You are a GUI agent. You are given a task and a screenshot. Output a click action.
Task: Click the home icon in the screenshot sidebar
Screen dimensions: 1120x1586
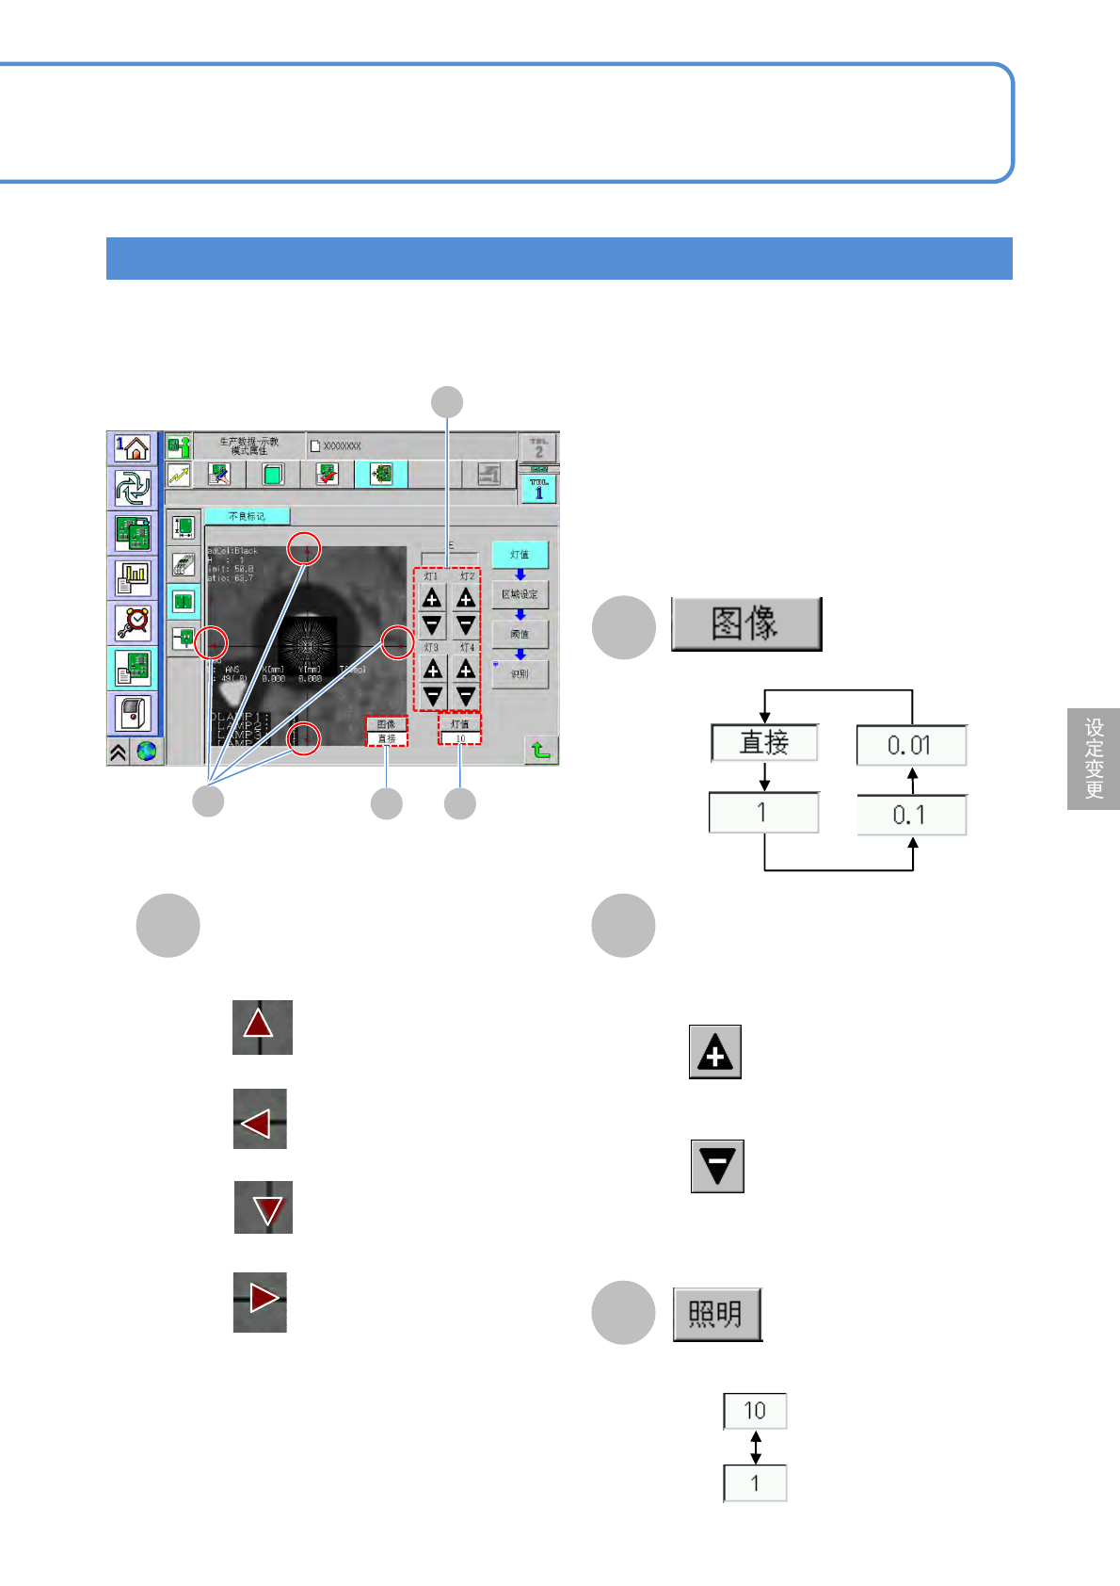point(133,448)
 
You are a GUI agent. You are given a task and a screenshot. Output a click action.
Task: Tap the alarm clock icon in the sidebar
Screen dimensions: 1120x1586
point(133,623)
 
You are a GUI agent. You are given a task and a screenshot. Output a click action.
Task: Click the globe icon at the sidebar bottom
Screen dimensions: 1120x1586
point(147,752)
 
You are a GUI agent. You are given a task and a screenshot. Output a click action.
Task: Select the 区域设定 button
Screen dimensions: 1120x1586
point(520,594)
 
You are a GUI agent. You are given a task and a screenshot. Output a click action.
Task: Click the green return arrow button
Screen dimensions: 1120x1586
point(540,750)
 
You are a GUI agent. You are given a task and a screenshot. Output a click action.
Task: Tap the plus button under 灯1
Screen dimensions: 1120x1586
point(432,598)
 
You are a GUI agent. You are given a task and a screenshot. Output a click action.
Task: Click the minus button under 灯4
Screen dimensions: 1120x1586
point(466,696)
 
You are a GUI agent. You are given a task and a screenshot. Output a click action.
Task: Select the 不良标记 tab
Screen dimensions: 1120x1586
point(248,516)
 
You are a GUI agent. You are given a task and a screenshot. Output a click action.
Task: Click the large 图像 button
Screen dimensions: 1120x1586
point(745,623)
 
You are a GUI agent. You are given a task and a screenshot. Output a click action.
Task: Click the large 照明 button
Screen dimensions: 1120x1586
point(717,1314)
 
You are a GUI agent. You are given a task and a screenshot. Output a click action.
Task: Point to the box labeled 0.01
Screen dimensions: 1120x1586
point(910,746)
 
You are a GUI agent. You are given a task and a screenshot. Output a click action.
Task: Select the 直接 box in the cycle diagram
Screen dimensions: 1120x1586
point(764,743)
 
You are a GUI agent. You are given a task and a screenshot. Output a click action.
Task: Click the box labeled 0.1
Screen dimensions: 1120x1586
point(910,815)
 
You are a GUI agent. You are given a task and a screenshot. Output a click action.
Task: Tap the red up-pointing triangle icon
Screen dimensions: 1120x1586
point(262,1027)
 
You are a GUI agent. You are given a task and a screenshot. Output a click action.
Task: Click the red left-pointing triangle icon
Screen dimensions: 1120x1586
point(260,1119)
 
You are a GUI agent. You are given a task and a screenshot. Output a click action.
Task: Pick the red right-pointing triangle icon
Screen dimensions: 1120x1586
point(260,1302)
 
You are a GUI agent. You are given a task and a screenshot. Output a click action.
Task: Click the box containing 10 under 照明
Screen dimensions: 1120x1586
point(755,1411)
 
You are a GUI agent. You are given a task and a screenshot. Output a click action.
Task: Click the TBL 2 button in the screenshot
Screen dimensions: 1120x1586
point(538,447)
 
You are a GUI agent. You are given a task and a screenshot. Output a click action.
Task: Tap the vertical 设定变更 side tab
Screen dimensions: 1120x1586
point(1094,758)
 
